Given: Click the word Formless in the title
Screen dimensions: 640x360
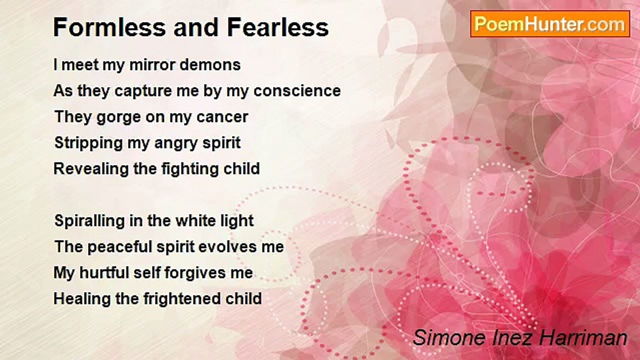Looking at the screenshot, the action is (x=109, y=27).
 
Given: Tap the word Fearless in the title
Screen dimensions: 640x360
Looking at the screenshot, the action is (x=278, y=27).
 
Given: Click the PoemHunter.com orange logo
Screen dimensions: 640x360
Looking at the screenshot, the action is (x=550, y=24).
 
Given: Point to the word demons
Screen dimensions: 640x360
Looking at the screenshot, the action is (x=210, y=65).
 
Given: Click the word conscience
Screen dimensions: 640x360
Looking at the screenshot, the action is (x=297, y=91).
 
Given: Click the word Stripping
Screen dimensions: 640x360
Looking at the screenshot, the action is (x=88, y=143).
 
